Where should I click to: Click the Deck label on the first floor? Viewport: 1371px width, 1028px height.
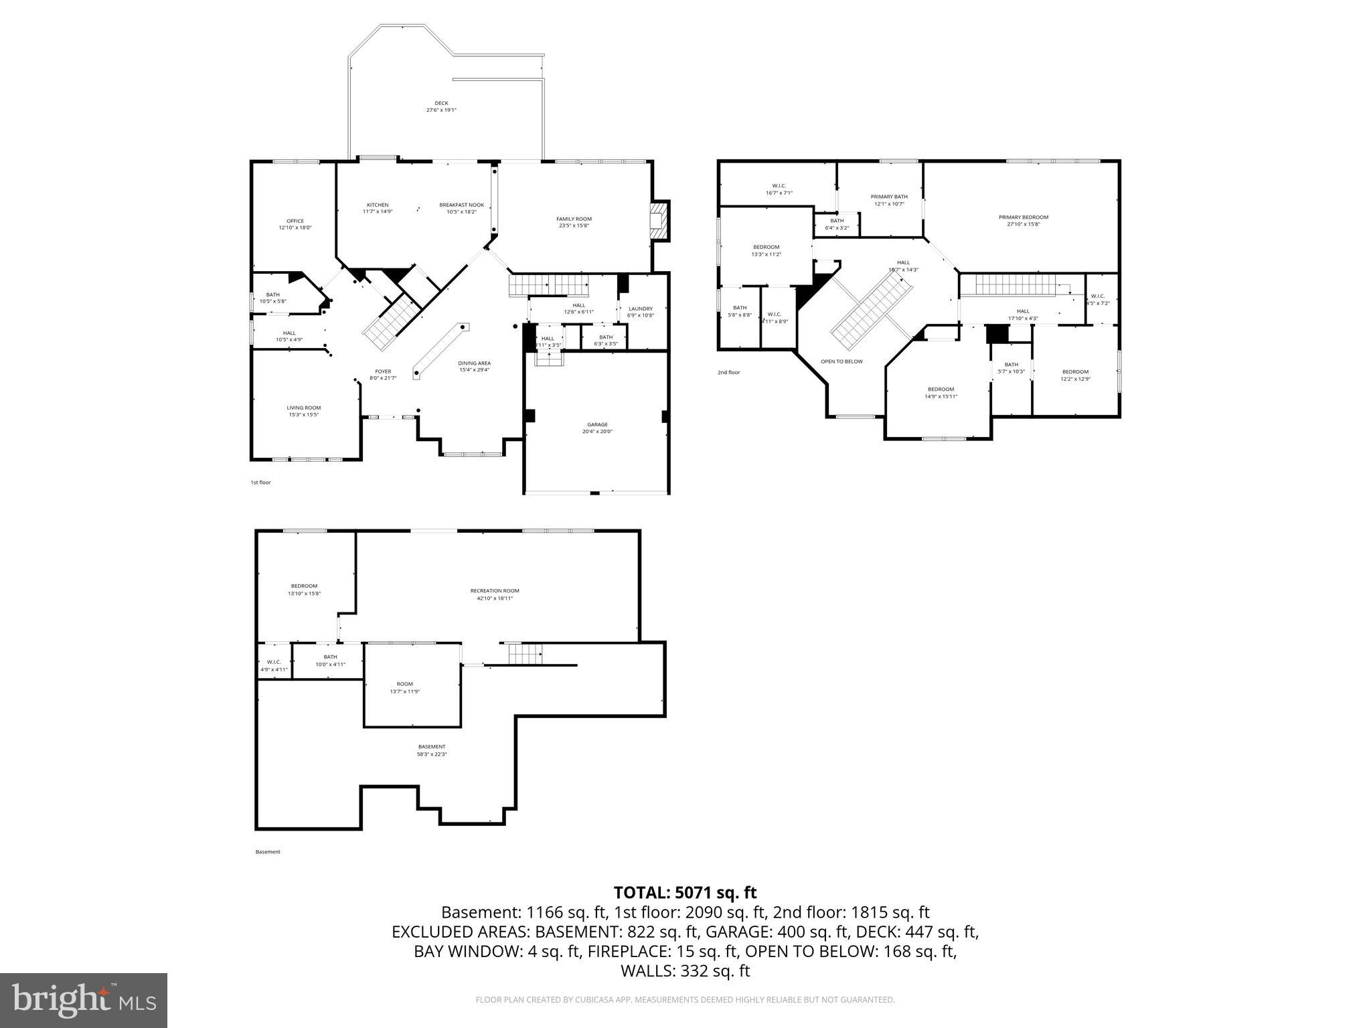(441, 104)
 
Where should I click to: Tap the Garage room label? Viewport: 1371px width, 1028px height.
(597, 424)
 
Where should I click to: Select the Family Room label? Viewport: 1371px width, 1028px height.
(574, 219)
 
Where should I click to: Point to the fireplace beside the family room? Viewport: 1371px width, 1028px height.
(659, 220)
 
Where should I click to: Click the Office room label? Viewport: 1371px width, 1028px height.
(295, 221)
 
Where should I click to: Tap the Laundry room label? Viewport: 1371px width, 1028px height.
(640, 309)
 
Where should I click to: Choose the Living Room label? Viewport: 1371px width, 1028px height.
(304, 408)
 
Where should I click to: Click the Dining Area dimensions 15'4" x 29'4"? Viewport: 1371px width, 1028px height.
(474, 370)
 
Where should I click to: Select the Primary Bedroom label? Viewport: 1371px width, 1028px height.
(1023, 217)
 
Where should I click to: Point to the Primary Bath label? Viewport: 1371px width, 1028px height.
(889, 197)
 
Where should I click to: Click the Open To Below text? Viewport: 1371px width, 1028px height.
(841, 361)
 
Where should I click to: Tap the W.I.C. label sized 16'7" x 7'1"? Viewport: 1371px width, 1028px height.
(779, 193)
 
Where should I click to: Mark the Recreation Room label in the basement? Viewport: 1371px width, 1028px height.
(494, 591)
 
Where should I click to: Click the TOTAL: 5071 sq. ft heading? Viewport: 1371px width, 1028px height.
(685, 892)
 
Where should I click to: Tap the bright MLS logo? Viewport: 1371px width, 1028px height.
(84, 1000)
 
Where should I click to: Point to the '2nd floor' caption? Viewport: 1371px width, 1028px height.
(728, 372)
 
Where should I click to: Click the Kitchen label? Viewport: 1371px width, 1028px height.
(377, 205)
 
